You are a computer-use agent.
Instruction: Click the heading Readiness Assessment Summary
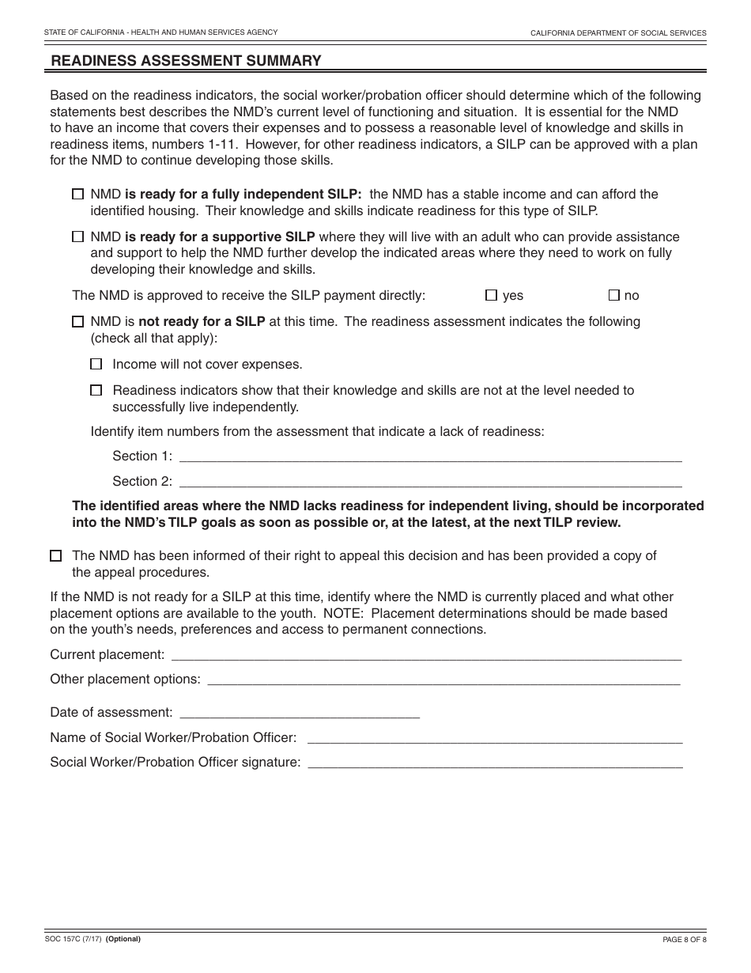click(186, 61)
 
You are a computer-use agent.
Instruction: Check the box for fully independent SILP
click(77, 194)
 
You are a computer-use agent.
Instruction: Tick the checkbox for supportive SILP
click(77, 237)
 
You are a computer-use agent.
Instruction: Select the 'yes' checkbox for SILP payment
click(491, 295)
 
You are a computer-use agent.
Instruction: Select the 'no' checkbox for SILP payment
click(613, 295)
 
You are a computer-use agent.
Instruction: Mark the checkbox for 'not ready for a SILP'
click(77, 322)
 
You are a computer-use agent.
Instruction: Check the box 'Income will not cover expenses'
click(96, 365)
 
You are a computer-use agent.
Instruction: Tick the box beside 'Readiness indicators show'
click(96, 390)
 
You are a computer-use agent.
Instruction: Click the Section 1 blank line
click(431, 456)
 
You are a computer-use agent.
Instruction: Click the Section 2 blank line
click(431, 482)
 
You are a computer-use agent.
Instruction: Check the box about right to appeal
click(55, 556)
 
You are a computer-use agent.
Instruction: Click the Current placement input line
click(426, 655)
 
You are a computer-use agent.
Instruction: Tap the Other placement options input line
click(443, 680)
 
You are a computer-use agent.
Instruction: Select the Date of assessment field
click(300, 713)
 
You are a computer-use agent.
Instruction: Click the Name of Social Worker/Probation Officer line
click(494, 738)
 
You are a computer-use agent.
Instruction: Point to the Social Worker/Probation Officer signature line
click(495, 763)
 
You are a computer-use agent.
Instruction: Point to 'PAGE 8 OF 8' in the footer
click(684, 940)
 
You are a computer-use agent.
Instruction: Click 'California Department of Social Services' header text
click(618, 33)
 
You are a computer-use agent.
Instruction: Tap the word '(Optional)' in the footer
click(123, 939)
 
